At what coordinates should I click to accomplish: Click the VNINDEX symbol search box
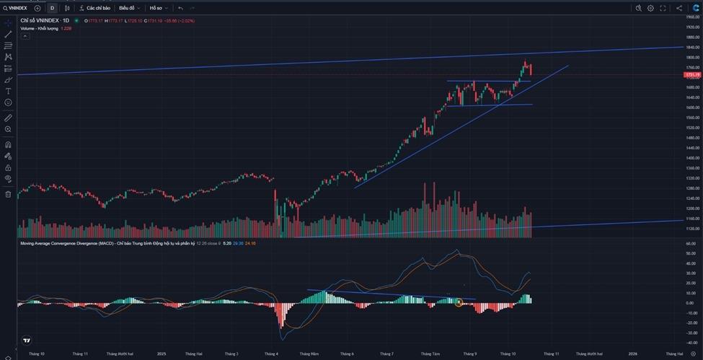[16, 8]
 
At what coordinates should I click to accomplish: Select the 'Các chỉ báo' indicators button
[95, 8]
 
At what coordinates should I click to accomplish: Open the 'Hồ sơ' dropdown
[158, 8]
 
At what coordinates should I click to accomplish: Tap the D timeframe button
[52, 8]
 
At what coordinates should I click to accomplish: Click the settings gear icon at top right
[650, 8]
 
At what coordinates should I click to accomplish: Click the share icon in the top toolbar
[678, 8]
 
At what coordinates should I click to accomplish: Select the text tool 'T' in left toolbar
[8, 92]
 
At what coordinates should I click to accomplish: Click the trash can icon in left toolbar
[8, 194]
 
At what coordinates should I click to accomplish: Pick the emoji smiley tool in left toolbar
[8, 102]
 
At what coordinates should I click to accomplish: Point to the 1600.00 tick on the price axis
[692, 107]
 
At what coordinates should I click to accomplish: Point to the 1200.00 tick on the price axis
[692, 208]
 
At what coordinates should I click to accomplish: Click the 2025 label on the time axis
[162, 354]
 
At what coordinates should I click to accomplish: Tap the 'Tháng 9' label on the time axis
[470, 354]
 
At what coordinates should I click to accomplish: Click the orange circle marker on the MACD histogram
[459, 303]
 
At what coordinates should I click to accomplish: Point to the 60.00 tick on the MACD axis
[691, 244]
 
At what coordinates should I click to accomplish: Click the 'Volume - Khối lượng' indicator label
[39, 28]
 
